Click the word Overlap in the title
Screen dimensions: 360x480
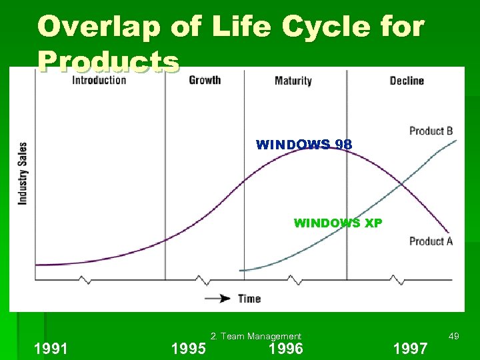[89, 27]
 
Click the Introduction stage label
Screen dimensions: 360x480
[99, 81]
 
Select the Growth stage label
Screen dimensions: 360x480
[205, 80]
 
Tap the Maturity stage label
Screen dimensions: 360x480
[293, 81]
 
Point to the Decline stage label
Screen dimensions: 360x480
[406, 81]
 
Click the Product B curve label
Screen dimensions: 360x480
[431, 131]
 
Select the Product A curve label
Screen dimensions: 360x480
[431, 241]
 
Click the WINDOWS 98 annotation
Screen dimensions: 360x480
[304, 145]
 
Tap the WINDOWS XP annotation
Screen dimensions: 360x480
[338, 223]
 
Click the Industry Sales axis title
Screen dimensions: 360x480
[23, 173]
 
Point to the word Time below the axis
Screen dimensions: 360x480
[249, 299]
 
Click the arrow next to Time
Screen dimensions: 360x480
[218, 299]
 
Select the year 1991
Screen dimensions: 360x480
[51, 349]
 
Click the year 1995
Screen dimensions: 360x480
[189, 349]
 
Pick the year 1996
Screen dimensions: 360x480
[285, 349]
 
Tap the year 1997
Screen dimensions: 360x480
[411, 349]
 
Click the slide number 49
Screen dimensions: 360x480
[453, 337]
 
